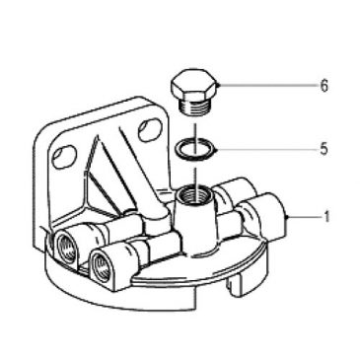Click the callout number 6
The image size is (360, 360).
click(324, 87)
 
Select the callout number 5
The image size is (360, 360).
click(324, 152)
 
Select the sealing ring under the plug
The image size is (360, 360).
click(195, 149)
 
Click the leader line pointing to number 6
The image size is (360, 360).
click(266, 86)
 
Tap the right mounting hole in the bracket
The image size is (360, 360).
click(149, 127)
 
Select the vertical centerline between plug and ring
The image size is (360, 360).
click(195, 127)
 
